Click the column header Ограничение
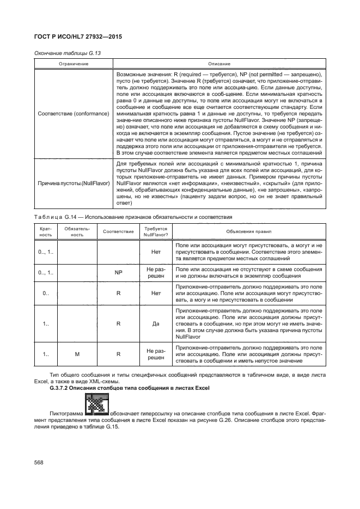[x=74, y=64]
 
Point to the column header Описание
[x=222, y=64]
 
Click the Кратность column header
[x=45, y=231]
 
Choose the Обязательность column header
[x=77, y=231]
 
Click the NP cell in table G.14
[x=118, y=272]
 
